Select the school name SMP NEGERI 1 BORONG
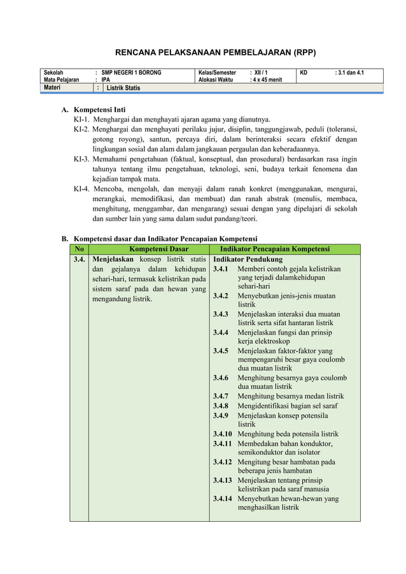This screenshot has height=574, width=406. click(x=131, y=73)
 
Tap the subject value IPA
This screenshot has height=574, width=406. click(x=106, y=80)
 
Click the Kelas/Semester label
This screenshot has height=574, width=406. click(x=217, y=73)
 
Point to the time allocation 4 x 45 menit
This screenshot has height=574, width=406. click(x=266, y=80)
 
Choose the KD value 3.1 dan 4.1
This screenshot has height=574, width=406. click(x=349, y=73)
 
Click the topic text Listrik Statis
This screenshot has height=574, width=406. click(x=123, y=88)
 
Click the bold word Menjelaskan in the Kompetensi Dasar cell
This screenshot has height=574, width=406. click(x=113, y=260)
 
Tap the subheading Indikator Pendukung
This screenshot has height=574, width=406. click(x=248, y=260)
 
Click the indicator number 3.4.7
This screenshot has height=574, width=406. click(x=221, y=396)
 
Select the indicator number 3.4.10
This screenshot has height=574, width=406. click(x=223, y=434)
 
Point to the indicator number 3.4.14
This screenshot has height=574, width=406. click(x=223, y=499)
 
